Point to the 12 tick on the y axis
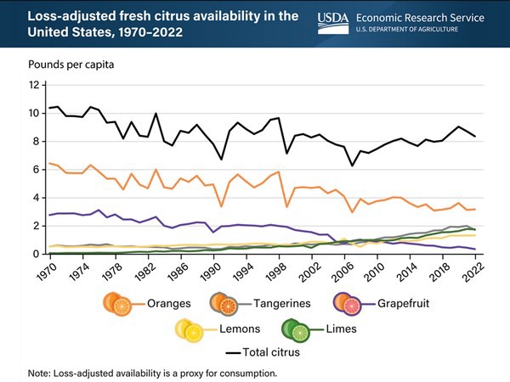[x=34, y=86]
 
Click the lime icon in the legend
[x=297, y=330]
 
